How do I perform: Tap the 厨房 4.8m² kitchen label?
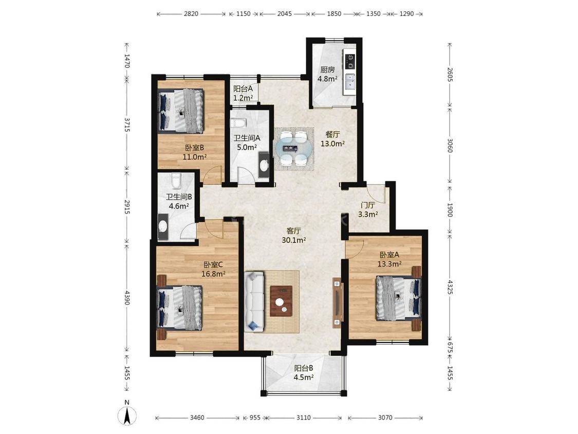pyautogui.click(x=327, y=74)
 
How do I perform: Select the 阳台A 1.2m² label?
pyautogui.click(x=243, y=93)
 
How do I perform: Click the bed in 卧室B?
pyautogui.click(x=181, y=111)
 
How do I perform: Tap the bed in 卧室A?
pyautogui.click(x=398, y=298)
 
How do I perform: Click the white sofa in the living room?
pyautogui.click(x=254, y=301)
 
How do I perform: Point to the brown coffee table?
pyautogui.click(x=281, y=301)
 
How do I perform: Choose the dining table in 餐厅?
pyautogui.click(x=294, y=149)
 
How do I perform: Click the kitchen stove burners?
pyautogui.click(x=350, y=62)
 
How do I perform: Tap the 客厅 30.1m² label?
pyautogui.click(x=294, y=236)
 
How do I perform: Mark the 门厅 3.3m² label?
pyautogui.click(x=368, y=210)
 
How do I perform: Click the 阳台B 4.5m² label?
pyautogui.click(x=304, y=372)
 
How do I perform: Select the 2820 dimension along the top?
pyautogui.click(x=191, y=14)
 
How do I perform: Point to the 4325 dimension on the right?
pyautogui.click(x=450, y=287)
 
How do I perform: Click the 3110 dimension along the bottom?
pyautogui.click(x=303, y=418)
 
